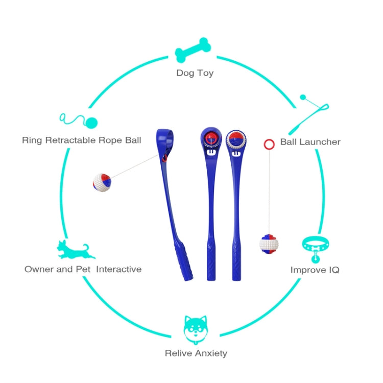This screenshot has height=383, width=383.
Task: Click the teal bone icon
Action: pyautogui.click(x=193, y=50)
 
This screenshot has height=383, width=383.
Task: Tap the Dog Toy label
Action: pyautogui.click(x=195, y=73)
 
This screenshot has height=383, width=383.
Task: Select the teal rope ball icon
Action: pyautogui.click(x=79, y=121)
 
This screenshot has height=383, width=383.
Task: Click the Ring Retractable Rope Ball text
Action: pyautogui.click(x=82, y=140)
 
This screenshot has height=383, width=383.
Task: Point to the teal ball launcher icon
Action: pyautogui.click(x=309, y=114)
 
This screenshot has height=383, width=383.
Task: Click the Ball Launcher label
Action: pyautogui.click(x=310, y=141)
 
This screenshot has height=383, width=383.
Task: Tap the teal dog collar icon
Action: pyautogui.click(x=316, y=249)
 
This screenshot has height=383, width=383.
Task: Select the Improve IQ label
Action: pyautogui.click(x=315, y=270)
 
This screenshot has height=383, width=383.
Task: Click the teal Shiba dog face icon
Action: pyautogui.click(x=196, y=330)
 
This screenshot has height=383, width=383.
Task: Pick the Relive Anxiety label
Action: pyautogui.click(x=196, y=353)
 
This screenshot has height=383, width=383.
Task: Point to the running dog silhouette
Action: pyautogui.click(x=76, y=249)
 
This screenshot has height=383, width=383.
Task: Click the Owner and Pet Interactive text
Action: pyautogui.click(x=83, y=269)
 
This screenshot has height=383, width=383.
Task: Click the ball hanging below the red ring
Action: pyautogui.click(x=269, y=244)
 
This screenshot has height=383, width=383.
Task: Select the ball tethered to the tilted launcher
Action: pyautogui.click(x=102, y=182)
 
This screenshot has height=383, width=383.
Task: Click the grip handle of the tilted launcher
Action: pyautogui.click(x=184, y=262)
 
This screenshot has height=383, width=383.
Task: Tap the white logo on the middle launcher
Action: pyautogui.click(x=211, y=152)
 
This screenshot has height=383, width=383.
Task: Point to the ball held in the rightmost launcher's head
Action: pyautogui.click(x=236, y=139)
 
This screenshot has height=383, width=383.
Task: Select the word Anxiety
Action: pyautogui.click(x=211, y=353)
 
